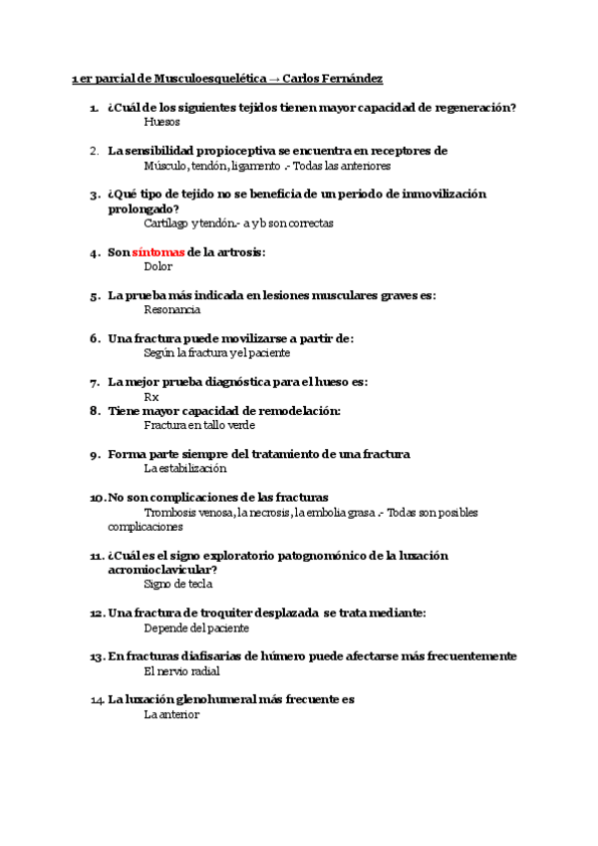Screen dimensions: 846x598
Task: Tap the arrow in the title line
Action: pos(273,79)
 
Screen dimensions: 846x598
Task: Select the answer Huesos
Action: pos(162,122)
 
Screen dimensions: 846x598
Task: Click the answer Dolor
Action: pos(158,266)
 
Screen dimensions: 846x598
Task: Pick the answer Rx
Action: pos(151,397)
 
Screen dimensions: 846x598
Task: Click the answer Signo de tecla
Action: pos(178,585)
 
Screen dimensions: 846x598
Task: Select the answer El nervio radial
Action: pos(182,671)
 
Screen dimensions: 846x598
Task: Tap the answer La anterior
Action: pos(171,714)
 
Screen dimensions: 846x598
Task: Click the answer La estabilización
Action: pos(185,468)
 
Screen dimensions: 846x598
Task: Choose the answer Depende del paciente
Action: pos(196,629)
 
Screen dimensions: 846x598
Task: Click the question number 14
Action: pos(97,700)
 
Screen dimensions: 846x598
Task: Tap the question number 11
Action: pos(97,556)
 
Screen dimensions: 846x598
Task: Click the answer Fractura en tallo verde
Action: pos(199,425)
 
